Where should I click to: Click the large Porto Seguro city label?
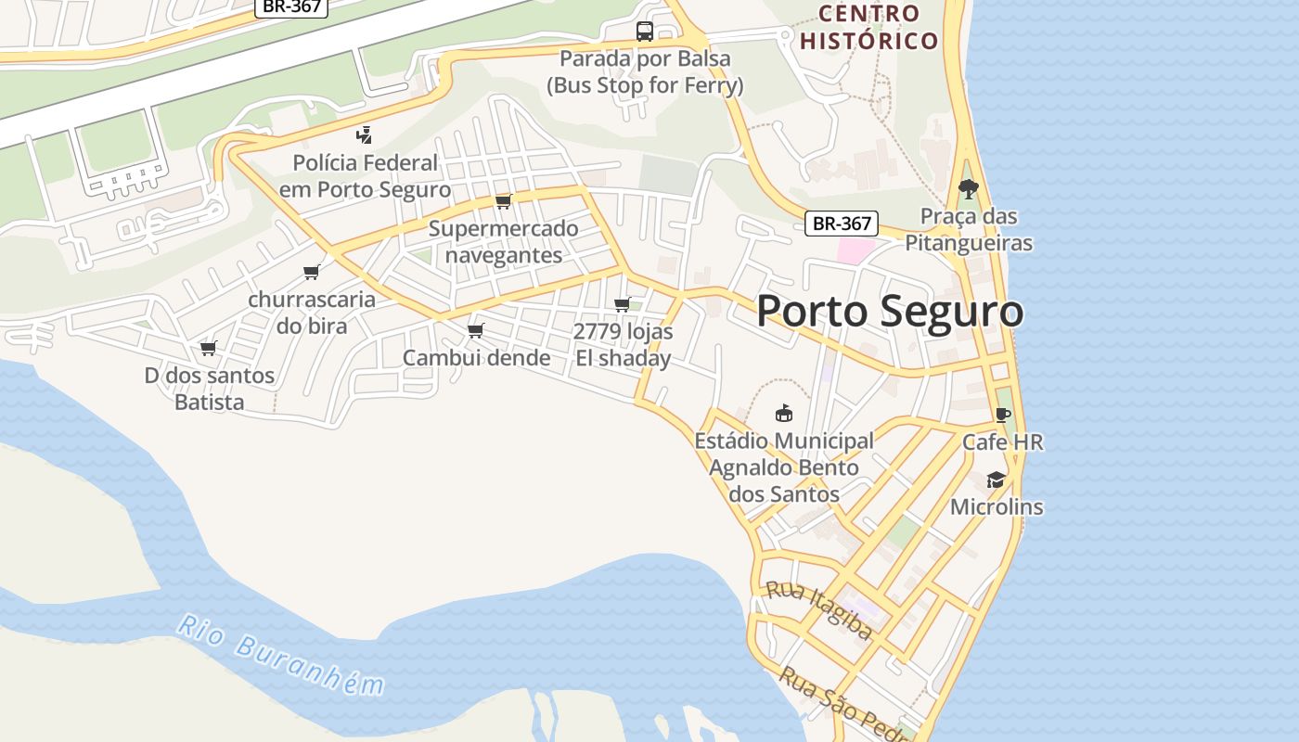890,311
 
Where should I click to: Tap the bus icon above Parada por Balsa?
644,32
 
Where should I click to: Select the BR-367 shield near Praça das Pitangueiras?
841,224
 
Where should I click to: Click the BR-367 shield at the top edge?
291,6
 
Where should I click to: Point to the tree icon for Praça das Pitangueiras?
968,189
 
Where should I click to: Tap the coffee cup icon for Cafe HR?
1001,415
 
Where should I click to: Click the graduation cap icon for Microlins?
996,480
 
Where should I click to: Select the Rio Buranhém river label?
280,655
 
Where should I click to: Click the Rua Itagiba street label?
818,610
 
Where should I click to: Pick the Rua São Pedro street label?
840,705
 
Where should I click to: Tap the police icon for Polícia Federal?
365,135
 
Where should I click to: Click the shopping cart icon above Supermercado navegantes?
503,201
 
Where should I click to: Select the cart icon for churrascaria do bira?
312,272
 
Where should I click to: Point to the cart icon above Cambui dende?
476,330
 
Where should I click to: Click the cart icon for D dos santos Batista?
209,349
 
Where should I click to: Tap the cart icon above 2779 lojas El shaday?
622,304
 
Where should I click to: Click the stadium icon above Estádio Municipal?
784,413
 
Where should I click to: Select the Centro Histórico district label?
869,27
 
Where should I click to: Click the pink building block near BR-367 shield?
855,249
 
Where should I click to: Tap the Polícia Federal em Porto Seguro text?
365,176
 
